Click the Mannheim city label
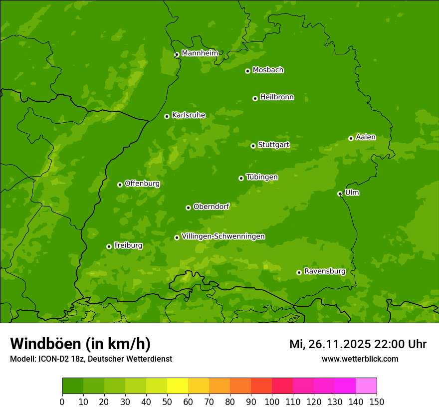point(200,53)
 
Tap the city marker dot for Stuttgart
point(253,146)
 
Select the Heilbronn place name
point(277,97)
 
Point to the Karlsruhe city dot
point(167,116)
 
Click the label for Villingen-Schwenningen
point(223,236)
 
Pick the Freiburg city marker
point(109,246)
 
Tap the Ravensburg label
point(325,271)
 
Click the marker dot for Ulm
point(340,194)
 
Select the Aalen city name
point(366,137)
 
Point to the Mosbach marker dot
point(247,71)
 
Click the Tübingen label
point(262,177)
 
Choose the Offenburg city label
point(142,184)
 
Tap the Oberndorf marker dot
point(188,207)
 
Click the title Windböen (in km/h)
point(80,344)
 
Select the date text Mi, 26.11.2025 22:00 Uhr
point(358,344)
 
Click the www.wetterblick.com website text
point(360,359)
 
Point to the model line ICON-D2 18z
point(91,359)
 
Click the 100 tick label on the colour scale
point(272,402)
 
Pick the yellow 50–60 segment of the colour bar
point(178,386)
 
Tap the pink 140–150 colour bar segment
point(366,386)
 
